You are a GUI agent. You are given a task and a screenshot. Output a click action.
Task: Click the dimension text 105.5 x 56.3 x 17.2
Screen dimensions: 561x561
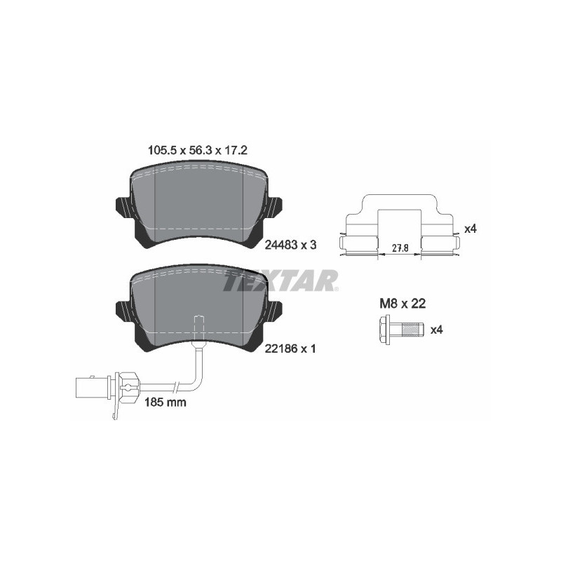point(197,150)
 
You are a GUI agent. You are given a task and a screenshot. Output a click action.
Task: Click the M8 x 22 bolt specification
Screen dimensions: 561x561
point(403,304)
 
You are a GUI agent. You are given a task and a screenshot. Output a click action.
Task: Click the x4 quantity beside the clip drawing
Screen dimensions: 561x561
point(471,229)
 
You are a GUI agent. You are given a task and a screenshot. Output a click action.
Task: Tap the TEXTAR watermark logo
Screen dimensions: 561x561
point(280,281)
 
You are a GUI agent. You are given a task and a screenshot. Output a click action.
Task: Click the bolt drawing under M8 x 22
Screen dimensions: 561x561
point(400,329)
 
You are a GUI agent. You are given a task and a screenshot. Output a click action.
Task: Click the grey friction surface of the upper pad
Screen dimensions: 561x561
point(198,203)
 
